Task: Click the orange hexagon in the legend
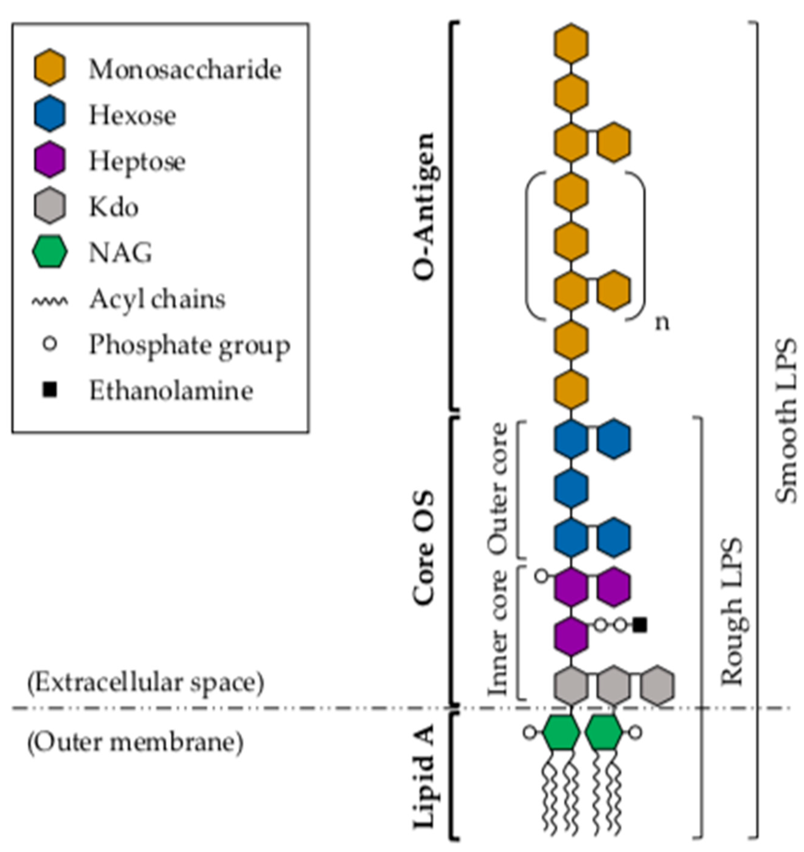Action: pyautogui.click(x=50, y=67)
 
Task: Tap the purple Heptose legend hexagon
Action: pyautogui.click(x=50, y=159)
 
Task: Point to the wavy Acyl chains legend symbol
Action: pyautogui.click(x=50, y=301)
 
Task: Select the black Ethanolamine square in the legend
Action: pyautogui.click(x=50, y=390)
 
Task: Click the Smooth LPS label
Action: pyautogui.click(x=787, y=420)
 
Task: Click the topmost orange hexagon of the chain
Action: pyautogui.click(x=571, y=43)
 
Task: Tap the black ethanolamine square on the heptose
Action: pyautogui.click(x=640, y=625)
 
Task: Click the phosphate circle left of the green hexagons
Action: pyautogui.click(x=530, y=732)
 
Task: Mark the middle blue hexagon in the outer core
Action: pyautogui.click(x=571, y=488)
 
